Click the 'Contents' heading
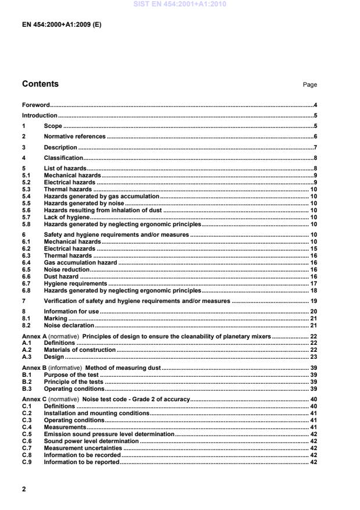[x=40, y=84]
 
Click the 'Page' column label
[x=310, y=85]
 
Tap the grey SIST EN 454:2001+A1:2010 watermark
[x=179, y=5]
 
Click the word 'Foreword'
[x=35, y=105]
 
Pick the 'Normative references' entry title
[x=74, y=136]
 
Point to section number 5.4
[x=26, y=197]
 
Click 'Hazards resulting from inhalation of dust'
[x=103, y=211]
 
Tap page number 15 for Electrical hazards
[x=313, y=248]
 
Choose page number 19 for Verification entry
[x=313, y=301]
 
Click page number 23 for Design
[x=313, y=357]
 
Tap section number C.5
[x=27, y=434]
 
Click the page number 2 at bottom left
[x=24, y=489]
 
